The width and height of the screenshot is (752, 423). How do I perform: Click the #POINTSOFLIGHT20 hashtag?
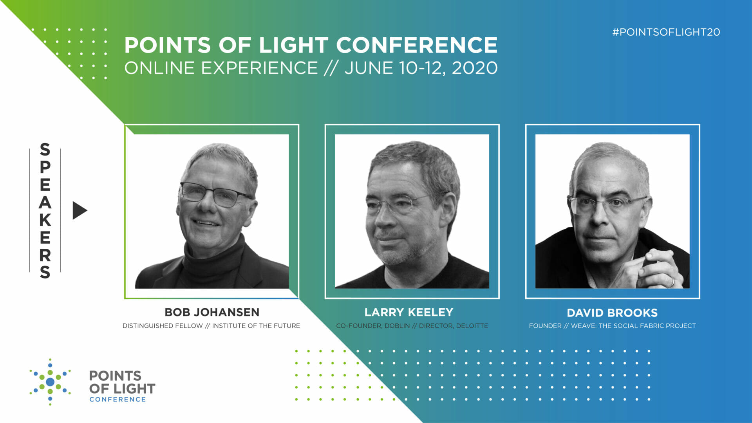(666, 32)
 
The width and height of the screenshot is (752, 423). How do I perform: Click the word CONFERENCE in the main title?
(417, 45)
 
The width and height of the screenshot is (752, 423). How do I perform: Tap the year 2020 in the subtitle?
(475, 68)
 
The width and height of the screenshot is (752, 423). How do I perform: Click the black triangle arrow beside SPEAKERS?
(79, 210)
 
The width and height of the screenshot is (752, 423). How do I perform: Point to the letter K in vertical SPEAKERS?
(45, 220)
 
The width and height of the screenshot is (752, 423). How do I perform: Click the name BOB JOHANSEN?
(212, 312)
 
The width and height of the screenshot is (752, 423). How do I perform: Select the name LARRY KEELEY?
(409, 312)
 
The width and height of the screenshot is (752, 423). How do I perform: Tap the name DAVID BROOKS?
(612, 313)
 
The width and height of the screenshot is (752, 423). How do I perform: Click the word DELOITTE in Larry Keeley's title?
(472, 326)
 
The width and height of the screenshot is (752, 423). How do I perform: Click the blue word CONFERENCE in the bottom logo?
(117, 399)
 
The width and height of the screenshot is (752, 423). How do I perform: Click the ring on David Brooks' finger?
(672, 281)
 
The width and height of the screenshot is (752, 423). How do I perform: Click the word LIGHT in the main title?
(293, 45)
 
